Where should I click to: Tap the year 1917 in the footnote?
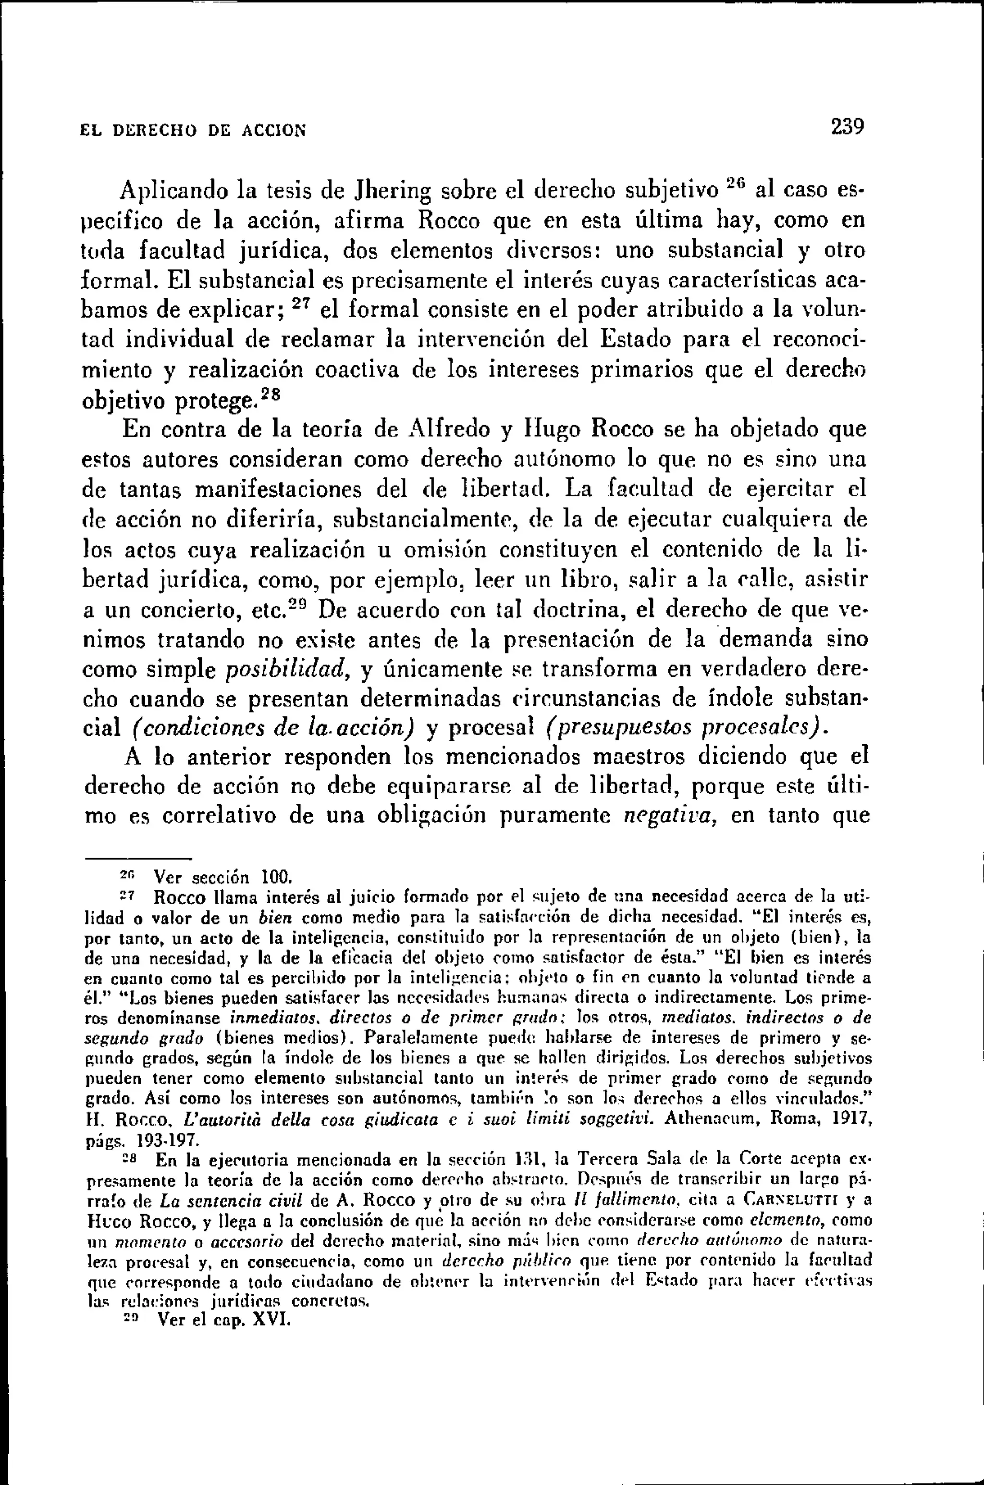click(x=850, y=1118)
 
